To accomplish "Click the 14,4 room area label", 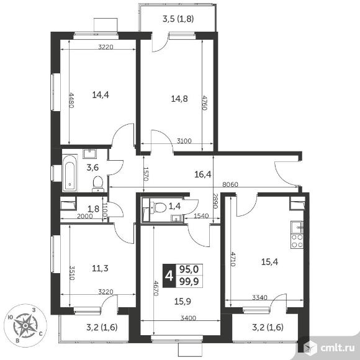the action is coord(101,94).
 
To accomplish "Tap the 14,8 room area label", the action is coord(179,99).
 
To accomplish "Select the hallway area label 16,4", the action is coord(203,174).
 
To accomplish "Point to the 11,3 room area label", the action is coord(100,268).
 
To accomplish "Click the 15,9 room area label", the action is coord(182,301).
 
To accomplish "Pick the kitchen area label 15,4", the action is coord(270,262).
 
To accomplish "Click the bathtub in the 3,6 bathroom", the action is coord(70,173).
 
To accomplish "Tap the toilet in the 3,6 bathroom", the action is coord(98,184).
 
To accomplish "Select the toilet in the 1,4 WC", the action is coord(158,207).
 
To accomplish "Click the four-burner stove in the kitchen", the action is coord(297,241).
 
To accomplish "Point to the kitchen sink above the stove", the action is coord(297,227).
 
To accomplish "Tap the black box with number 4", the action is coord(169,276).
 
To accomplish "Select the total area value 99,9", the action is coord(189,281).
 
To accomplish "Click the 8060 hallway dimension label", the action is coord(230,184).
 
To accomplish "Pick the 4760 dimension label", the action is coord(205,102).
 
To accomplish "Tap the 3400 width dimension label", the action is coord(188,318).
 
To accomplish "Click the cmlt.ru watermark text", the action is coord(337,348).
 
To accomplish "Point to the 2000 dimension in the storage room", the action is coord(85,216).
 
